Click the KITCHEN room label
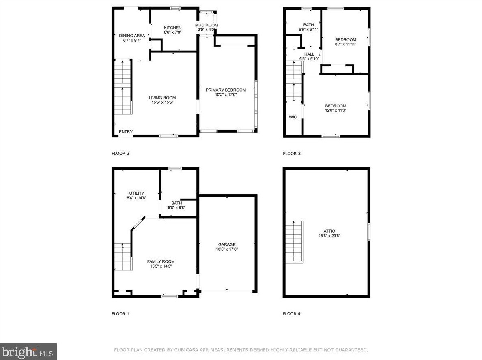coord(172,28)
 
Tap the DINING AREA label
coord(132,36)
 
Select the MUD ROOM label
coord(207,25)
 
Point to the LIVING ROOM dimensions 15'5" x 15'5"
coord(162,102)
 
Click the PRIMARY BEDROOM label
coord(226,90)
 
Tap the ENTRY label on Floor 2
coord(126,131)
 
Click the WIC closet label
coord(293,117)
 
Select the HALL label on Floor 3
coord(309,54)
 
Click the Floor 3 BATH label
coord(309,25)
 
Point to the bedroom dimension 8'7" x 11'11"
coord(346,44)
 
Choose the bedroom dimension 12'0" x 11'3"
coord(336,110)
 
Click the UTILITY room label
coord(136,193)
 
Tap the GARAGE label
coord(227,244)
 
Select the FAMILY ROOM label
coord(161,262)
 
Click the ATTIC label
coord(329,231)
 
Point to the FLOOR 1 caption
coord(120,314)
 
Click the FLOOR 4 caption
coord(292,314)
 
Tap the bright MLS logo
coord(28,352)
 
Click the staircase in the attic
coord(295,242)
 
